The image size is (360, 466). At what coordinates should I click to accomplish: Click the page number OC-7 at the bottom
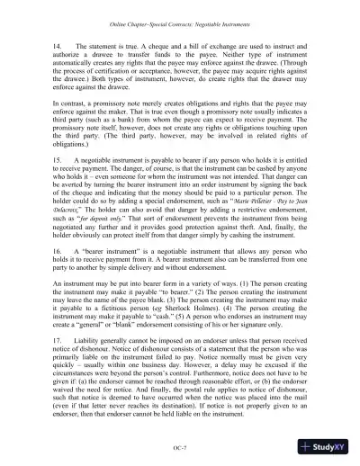pyautogui.click(x=180, y=446)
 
